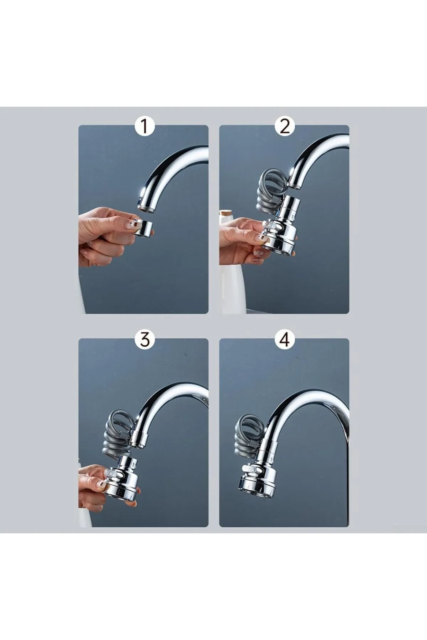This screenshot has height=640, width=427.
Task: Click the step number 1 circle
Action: click(x=144, y=127)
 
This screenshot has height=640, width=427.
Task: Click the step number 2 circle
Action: click(x=285, y=127)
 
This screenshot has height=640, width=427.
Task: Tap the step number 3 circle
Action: click(x=144, y=340)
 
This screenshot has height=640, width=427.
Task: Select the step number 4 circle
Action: click(x=285, y=340)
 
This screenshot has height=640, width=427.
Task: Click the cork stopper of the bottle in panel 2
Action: click(x=226, y=215)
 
